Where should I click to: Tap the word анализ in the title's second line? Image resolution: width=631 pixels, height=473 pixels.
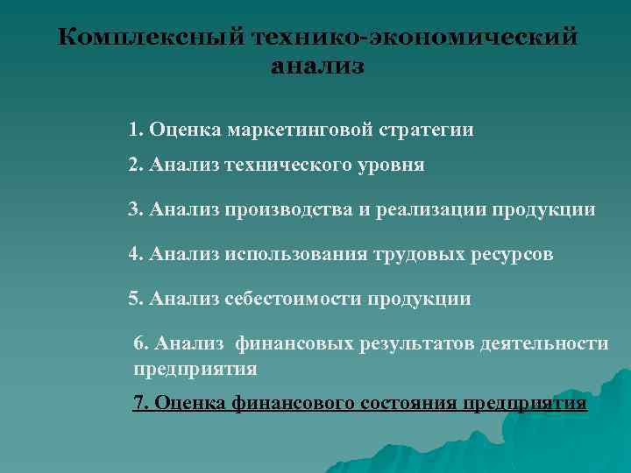(x=316, y=67)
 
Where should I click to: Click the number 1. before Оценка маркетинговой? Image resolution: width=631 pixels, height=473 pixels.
(x=136, y=131)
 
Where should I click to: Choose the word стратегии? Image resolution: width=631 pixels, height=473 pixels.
(x=427, y=131)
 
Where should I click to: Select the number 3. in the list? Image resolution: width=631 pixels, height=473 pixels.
(x=136, y=210)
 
